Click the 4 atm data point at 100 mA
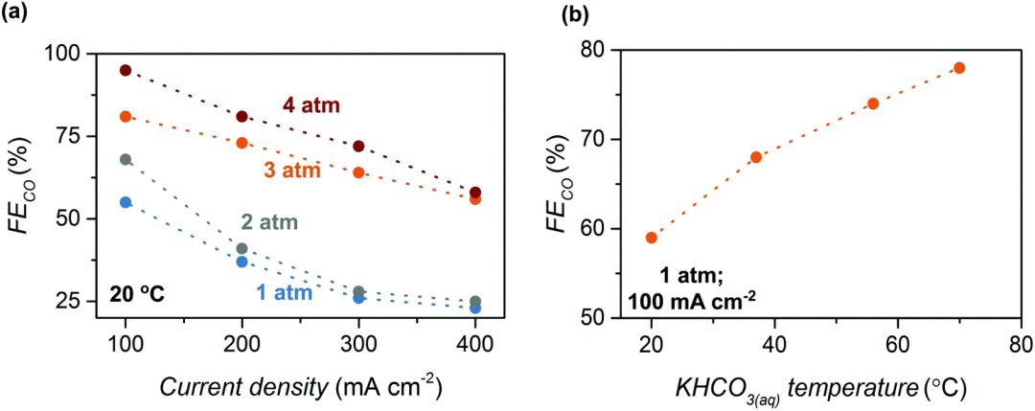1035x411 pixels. tap(126, 70)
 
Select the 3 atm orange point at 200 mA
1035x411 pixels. tap(242, 143)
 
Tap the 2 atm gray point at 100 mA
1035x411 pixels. tap(126, 159)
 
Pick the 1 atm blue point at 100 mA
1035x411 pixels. tap(126, 202)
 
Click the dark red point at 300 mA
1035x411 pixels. tap(358, 147)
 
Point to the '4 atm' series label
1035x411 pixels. tap(310, 105)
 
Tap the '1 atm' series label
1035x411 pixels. tap(283, 292)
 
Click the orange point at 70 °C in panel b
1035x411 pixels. tap(959, 68)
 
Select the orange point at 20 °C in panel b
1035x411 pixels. tap(652, 238)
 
